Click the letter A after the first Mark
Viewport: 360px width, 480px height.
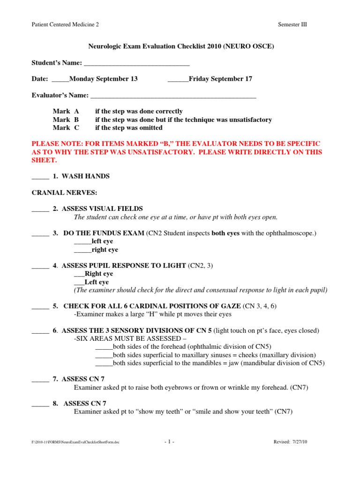76,112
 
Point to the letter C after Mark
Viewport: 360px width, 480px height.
76,127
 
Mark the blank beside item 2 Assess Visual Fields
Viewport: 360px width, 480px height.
40,209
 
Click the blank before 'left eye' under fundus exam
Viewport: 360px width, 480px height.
82,242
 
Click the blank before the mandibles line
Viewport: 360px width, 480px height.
104,363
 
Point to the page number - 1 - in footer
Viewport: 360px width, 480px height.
170,442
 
